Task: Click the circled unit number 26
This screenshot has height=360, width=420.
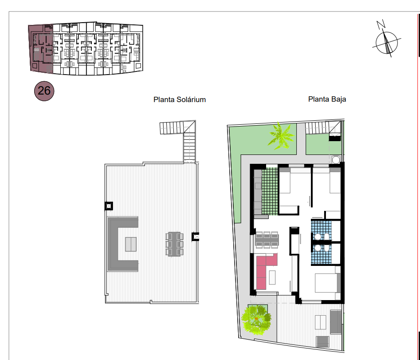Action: [x=44, y=91]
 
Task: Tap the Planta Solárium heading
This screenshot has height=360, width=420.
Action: [x=180, y=100]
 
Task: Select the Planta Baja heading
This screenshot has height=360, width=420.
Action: [x=327, y=99]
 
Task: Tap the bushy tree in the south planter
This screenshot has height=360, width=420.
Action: [x=256, y=320]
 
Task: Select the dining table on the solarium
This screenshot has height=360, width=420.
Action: [x=174, y=244]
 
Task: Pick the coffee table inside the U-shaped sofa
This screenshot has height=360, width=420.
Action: [x=131, y=244]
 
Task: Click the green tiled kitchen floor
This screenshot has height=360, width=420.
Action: [x=270, y=191]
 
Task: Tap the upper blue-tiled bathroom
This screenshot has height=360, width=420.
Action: [x=322, y=230]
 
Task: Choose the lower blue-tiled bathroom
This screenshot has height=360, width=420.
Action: [x=322, y=254]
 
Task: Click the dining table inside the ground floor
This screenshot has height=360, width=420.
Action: [x=267, y=240]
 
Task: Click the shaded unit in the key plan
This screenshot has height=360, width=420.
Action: [x=40, y=48]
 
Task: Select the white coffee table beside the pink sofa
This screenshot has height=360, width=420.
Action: [x=272, y=277]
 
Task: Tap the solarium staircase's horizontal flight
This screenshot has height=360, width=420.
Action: [x=172, y=128]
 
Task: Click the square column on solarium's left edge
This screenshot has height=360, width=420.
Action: [x=109, y=206]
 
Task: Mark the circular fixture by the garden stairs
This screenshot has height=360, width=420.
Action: [x=336, y=160]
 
